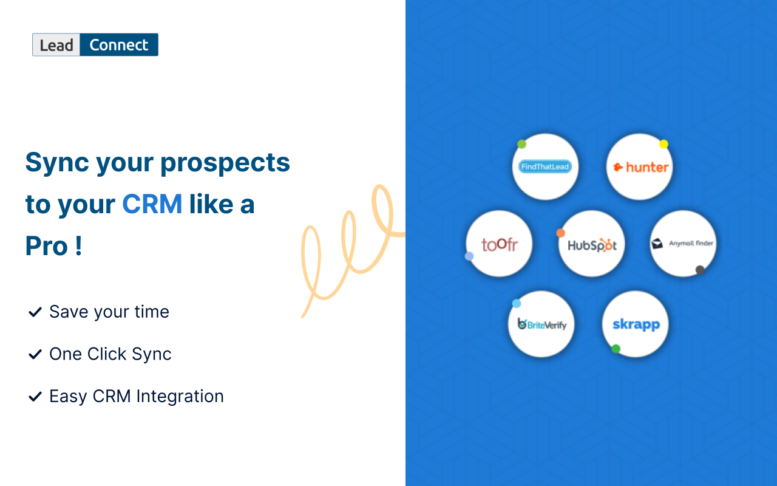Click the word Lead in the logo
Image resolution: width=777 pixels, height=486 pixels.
pyautogui.click(x=56, y=45)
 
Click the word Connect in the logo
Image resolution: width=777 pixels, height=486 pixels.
pyautogui.click(x=119, y=45)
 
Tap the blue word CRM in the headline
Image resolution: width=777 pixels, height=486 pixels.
pyautogui.click(x=152, y=205)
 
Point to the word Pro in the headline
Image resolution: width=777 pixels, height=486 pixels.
pyautogui.click(x=46, y=246)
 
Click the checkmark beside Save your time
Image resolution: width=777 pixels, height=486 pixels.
pyautogui.click(x=34, y=312)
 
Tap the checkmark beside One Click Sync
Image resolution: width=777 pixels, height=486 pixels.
pyautogui.click(x=34, y=354)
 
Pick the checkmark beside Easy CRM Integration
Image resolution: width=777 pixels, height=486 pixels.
pyautogui.click(x=34, y=397)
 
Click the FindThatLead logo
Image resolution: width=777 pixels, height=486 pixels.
pyautogui.click(x=545, y=167)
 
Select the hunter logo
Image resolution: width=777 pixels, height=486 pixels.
pyautogui.click(x=640, y=167)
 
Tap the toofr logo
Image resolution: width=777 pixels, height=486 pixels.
pyautogui.click(x=499, y=244)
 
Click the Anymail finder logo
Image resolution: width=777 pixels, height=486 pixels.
pyautogui.click(x=683, y=244)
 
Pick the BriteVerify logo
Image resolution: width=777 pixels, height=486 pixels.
pyautogui.click(x=541, y=324)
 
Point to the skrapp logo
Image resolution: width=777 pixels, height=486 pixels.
pyautogui.click(x=636, y=324)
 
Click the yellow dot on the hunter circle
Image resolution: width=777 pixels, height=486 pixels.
pyautogui.click(x=663, y=145)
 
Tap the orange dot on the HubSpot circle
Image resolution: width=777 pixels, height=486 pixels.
pyautogui.click(x=560, y=233)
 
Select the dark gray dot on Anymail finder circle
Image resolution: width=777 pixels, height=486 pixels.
pyautogui.click(x=700, y=270)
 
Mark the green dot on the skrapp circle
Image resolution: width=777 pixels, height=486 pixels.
pyautogui.click(x=616, y=349)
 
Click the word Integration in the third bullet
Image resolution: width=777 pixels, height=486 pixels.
pyautogui.click(x=180, y=397)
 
